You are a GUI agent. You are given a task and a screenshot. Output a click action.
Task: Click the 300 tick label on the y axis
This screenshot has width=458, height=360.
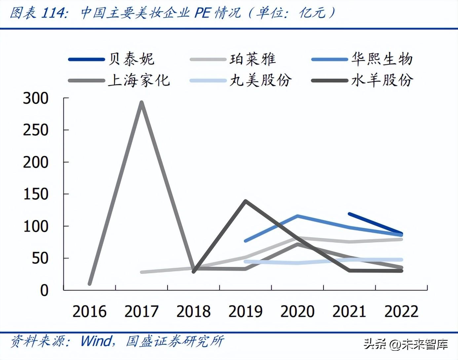click(x=36, y=98)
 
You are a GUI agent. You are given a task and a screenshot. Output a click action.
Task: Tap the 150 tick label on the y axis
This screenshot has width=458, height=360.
click(x=36, y=194)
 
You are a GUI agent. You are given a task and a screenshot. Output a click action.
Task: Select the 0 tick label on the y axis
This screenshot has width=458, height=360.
click(x=44, y=290)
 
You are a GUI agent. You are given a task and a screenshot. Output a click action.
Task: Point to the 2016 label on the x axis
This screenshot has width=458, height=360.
click(x=90, y=311)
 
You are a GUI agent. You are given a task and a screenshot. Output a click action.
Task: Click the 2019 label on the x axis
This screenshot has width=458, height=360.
click(x=246, y=311)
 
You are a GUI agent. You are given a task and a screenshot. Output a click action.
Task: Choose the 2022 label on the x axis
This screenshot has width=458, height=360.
click(x=401, y=311)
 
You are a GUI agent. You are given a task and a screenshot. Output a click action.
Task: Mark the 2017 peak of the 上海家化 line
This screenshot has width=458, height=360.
click(x=141, y=102)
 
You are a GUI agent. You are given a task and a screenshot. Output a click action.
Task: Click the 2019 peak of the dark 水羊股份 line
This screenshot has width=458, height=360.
click(x=245, y=201)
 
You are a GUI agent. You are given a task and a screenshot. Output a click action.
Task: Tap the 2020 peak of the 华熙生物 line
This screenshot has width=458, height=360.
click(x=297, y=216)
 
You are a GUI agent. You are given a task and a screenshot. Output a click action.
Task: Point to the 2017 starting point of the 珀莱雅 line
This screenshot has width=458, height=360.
click(x=142, y=272)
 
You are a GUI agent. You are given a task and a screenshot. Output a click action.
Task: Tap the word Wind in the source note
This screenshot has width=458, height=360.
click(x=96, y=341)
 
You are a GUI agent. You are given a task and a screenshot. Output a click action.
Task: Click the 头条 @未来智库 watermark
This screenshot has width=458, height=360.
click(x=406, y=344)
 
